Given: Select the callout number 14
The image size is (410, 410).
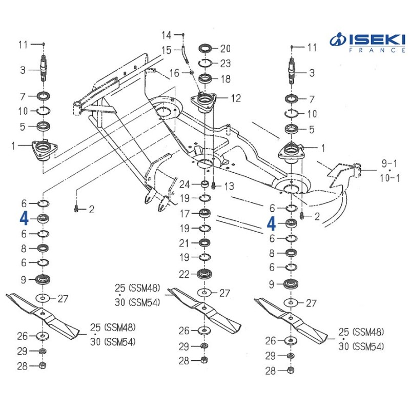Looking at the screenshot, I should pos(167,35).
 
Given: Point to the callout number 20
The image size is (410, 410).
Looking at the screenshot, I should pos(225,49).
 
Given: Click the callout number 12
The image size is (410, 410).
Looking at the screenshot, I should pos(235,98).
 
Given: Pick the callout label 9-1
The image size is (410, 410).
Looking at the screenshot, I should pos(388,164).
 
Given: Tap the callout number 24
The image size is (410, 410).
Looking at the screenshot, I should pos(184,184).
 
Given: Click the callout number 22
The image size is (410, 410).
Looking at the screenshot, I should pos(184,274).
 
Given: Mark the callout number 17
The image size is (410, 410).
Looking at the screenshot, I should pos(184,213).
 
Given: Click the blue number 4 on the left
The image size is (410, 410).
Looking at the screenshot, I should pos(24,219).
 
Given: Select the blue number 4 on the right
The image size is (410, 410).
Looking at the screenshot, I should pos(272,223).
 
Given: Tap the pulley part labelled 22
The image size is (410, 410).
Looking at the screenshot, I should pos(204,273).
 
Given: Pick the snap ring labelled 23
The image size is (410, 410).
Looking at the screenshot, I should pos(205,63).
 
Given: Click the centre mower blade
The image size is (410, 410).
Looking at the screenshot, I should pos(205,310).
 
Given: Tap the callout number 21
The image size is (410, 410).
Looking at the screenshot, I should pos(184,242).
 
